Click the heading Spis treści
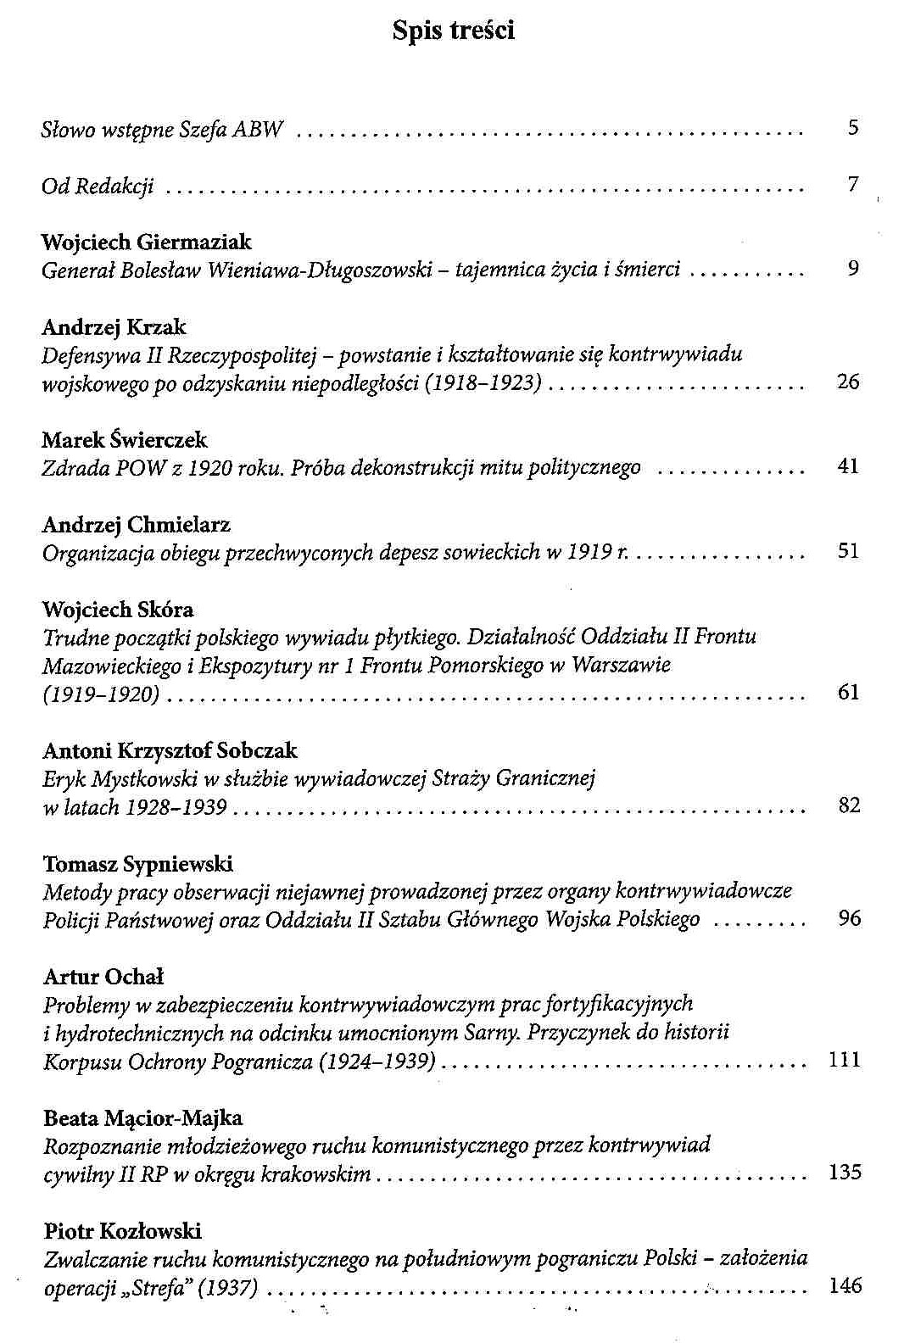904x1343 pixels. pyautogui.click(x=454, y=31)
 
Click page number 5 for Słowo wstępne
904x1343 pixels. pyautogui.click(x=853, y=128)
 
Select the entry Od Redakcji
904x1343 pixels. pyautogui.click(x=98, y=185)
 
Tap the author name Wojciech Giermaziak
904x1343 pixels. pyautogui.click(x=147, y=242)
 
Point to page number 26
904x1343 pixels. pyautogui.click(x=848, y=382)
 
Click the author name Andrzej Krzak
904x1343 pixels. pyautogui.click(x=114, y=326)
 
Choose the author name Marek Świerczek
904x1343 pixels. pyautogui.click(x=125, y=440)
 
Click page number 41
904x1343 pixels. pyautogui.click(x=848, y=465)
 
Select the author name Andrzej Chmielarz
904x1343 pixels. pyautogui.click(x=137, y=525)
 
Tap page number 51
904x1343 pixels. pyautogui.click(x=848, y=551)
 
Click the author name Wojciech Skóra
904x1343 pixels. pyautogui.click(x=118, y=610)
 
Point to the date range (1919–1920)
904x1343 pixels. pyautogui.click(x=101, y=694)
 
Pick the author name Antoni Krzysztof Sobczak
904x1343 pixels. pyautogui.click(x=170, y=750)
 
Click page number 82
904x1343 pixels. pyautogui.click(x=849, y=805)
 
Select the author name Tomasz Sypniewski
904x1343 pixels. pyautogui.click(x=138, y=864)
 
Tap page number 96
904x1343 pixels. pyautogui.click(x=849, y=917)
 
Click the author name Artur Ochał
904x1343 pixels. pyautogui.click(x=103, y=977)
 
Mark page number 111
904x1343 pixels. pyautogui.click(x=845, y=1059)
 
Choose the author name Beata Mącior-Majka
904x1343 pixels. pyautogui.click(x=142, y=1118)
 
